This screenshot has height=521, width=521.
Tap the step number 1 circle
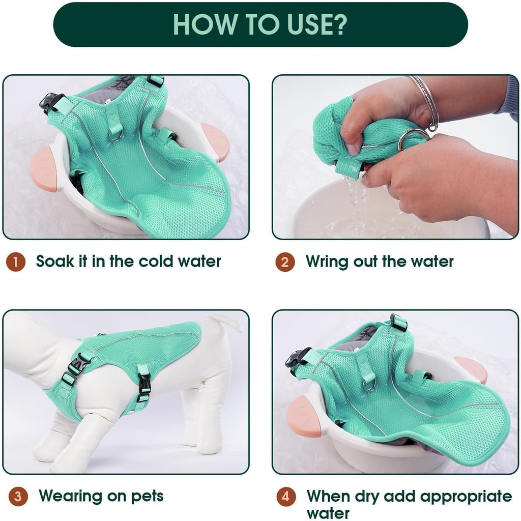pos(16,262)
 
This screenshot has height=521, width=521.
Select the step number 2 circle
pos(285,262)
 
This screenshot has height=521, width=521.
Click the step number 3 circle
pos(18,497)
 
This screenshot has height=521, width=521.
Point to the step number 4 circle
pos(286,497)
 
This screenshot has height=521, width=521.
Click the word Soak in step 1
pos(55,261)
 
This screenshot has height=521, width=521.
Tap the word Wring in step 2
pos(327,263)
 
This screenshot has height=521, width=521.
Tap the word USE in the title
pos(308,24)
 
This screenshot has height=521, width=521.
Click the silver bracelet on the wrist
pos(426,103)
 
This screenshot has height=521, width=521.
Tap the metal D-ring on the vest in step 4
pos(369,386)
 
